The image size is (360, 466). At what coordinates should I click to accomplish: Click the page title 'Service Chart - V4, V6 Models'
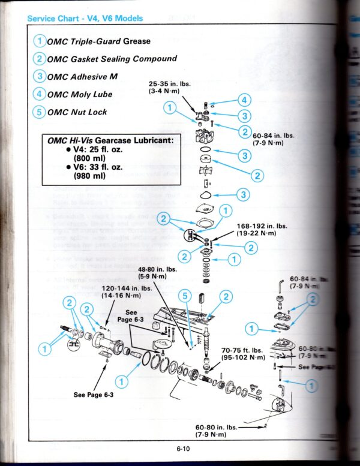click(x=85, y=19)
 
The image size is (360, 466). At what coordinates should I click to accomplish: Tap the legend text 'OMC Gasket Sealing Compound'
click(x=112, y=59)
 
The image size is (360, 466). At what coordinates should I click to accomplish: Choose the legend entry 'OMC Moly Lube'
click(x=80, y=94)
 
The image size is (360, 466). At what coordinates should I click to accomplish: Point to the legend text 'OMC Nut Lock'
click(x=77, y=112)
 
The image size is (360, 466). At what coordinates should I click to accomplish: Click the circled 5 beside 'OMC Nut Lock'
click(x=40, y=112)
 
